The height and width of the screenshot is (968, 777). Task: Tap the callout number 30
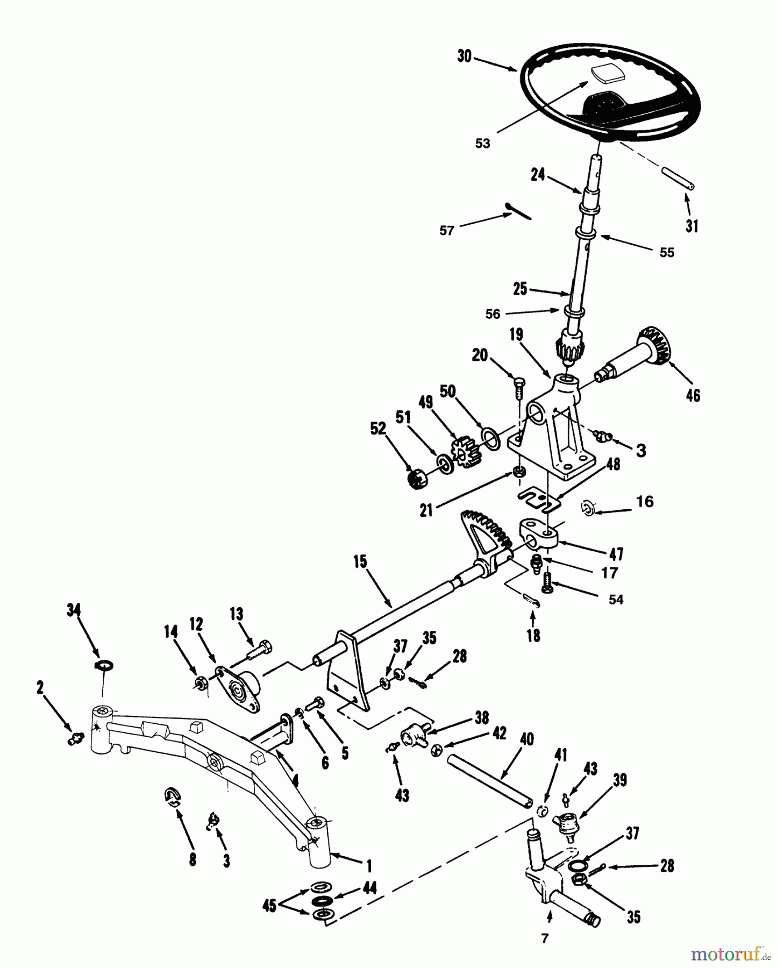(464, 56)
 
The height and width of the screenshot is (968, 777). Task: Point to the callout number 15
(360, 562)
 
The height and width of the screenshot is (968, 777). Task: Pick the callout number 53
(482, 144)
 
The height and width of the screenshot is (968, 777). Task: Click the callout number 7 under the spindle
(545, 938)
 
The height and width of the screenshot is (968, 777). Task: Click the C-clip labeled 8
(173, 797)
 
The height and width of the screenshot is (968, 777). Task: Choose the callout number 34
(74, 609)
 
